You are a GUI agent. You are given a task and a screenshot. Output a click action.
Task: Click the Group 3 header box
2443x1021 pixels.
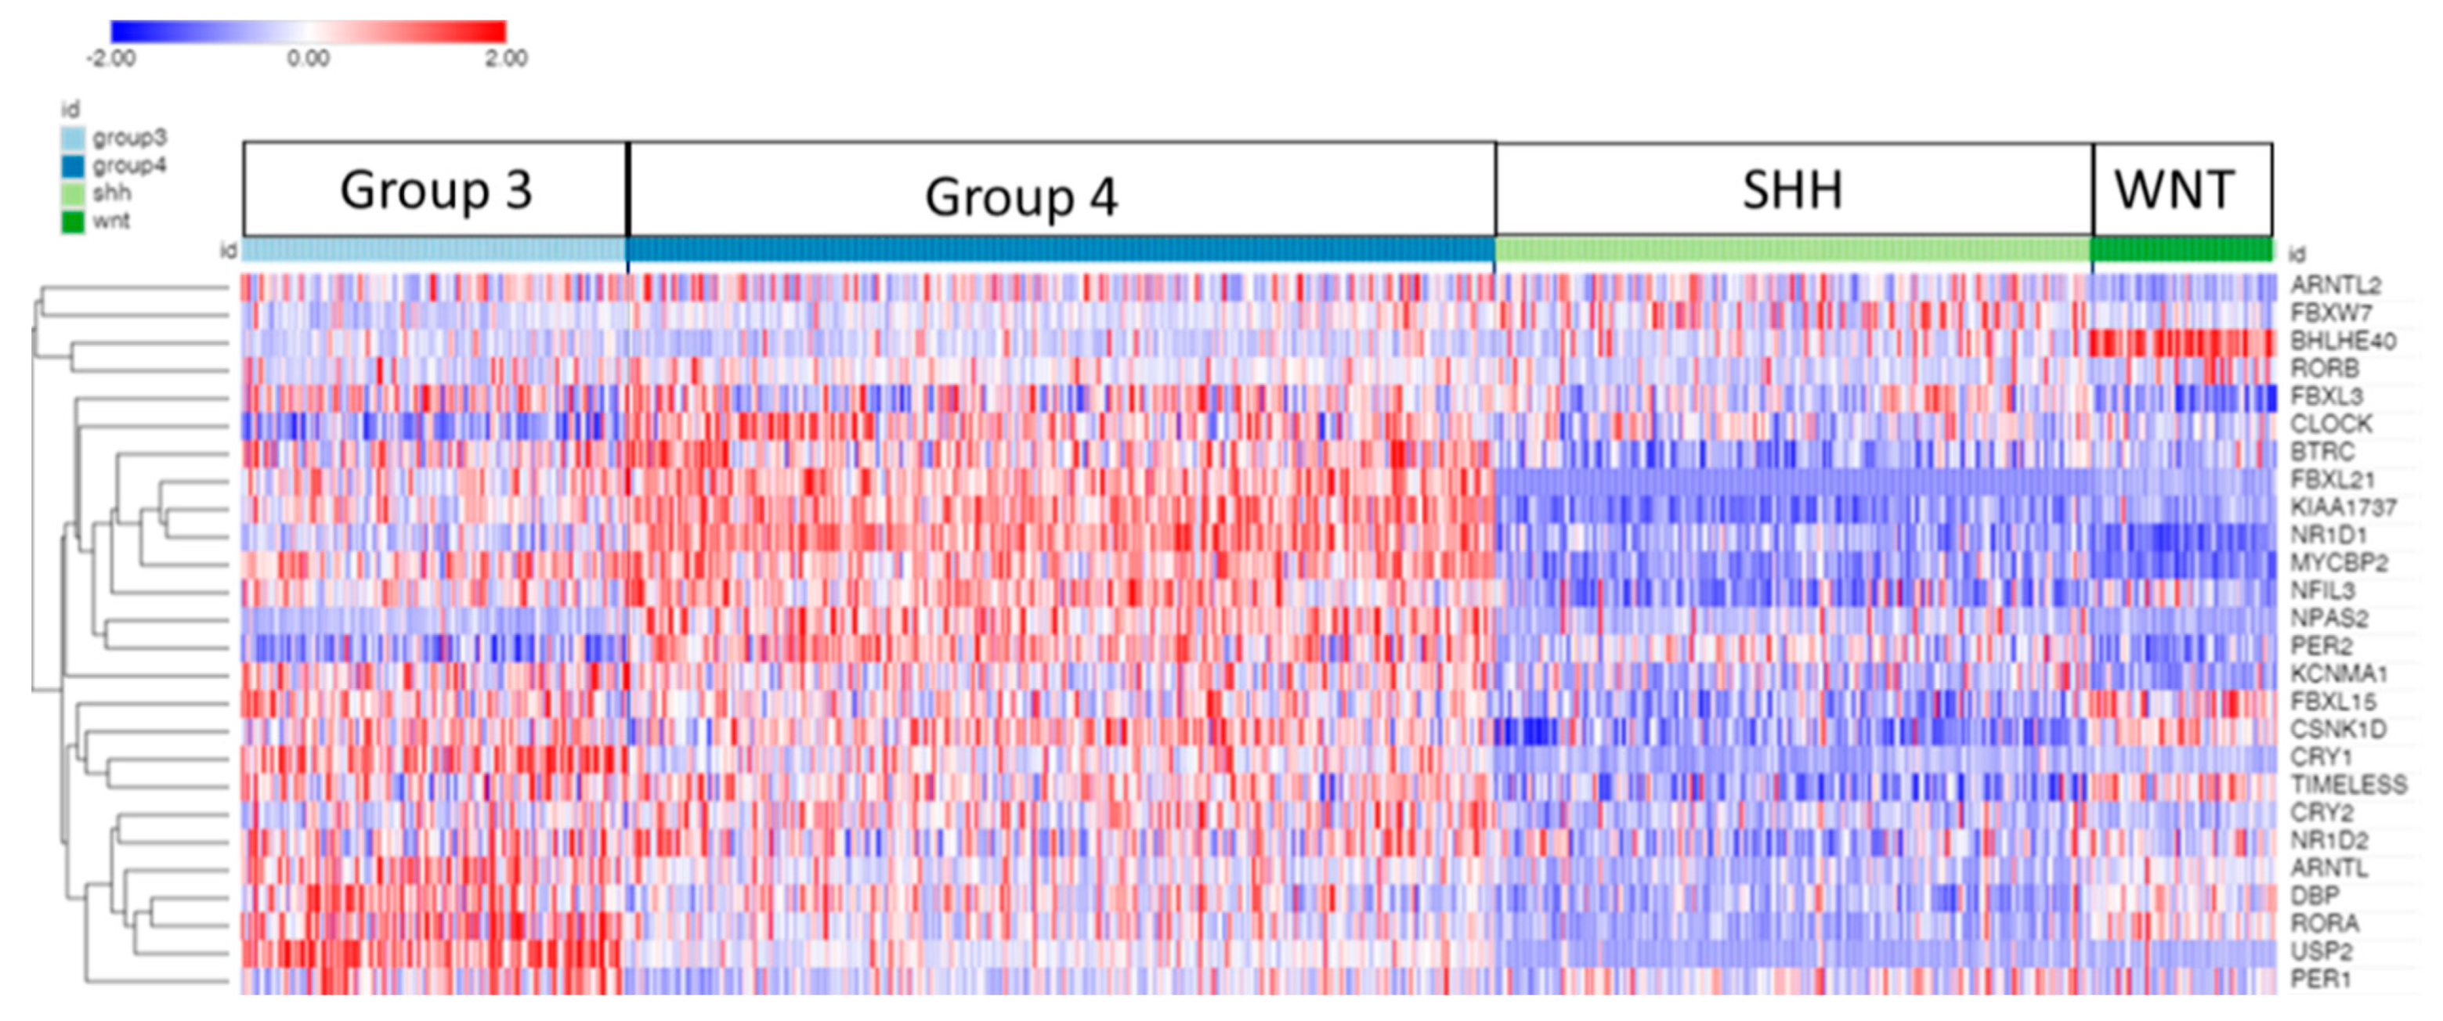pyautogui.click(x=435, y=189)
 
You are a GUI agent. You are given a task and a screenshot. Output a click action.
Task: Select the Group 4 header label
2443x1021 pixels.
pyautogui.click(x=1021, y=197)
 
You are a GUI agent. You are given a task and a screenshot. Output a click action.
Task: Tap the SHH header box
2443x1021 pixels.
pyautogui.click(x=1794, y=189)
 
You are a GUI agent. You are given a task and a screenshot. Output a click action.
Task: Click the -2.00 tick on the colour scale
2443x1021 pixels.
pyautogui.click(x=111, y=59)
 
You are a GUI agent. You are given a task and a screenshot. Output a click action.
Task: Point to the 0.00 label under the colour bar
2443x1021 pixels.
pyautogui.click(x=309, y=59)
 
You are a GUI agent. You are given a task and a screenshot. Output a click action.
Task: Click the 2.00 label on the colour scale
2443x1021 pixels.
pyautogui.click(x=505, y=59)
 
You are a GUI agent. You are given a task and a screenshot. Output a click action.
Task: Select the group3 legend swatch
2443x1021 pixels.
pyautogui.click(x=73, y=139)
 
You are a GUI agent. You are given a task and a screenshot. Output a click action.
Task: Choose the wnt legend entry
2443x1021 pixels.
pyautogui.click(x=110, y=221)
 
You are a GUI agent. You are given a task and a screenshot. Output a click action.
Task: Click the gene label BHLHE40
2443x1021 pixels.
pyautogui.click(x=2343, y=341)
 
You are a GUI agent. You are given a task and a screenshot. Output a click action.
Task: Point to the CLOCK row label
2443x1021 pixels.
pyautogui.click(x=2330, y=424)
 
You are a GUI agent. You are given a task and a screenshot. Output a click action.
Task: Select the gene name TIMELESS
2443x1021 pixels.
pyautogui.click(x=2348, y=785)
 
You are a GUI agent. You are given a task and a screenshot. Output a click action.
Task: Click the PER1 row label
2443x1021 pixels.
pyautogui.click(x=2321, y=980)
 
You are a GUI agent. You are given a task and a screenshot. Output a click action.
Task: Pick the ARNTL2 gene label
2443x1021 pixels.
pyautogui.click(x=2335, y=285)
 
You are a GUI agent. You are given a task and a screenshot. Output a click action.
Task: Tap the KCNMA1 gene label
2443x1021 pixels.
pyautogui.click(x=2339, y=674)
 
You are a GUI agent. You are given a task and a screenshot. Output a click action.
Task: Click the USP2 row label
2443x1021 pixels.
pyautogui.click(x=2321, y=951)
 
